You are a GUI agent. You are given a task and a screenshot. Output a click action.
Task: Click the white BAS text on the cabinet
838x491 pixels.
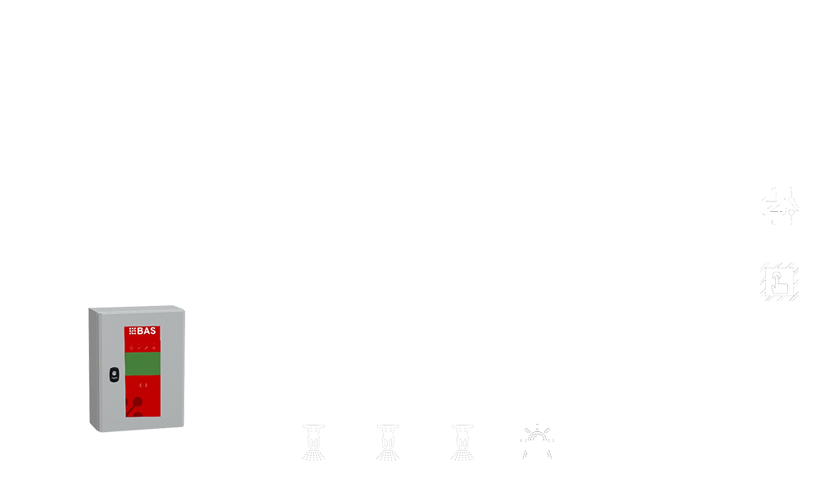(146, 331)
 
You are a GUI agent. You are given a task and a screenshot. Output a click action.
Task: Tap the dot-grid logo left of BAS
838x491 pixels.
(133, 331)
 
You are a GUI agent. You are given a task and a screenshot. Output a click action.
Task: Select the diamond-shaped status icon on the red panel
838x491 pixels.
(132, 348)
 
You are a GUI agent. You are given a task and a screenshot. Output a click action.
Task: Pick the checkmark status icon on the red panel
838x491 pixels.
(139, 348)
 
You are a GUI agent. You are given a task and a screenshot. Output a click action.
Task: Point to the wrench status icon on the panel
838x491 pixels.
(146, 348)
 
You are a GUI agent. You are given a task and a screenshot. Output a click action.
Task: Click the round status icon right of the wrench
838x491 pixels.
(153, 348)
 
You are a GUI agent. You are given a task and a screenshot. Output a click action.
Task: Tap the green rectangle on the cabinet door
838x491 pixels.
(142, 364)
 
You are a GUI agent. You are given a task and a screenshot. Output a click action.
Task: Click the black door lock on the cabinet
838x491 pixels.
(114, 375)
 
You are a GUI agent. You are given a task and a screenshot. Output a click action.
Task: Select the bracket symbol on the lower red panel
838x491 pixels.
(142, 385)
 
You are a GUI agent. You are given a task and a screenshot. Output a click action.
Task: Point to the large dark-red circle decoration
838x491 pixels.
(137, 402)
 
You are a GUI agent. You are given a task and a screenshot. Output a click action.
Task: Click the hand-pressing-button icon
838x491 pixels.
(779, 282)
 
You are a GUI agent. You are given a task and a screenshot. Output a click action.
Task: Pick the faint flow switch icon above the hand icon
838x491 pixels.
(780, 205)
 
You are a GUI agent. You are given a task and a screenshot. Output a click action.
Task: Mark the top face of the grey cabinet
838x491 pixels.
(137, 309)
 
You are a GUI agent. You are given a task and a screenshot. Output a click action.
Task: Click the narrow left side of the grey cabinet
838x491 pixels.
(94, 368)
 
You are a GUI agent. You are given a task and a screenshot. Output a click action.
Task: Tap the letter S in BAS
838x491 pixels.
(153, 331)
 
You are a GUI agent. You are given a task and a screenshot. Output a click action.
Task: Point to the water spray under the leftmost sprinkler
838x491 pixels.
(313, 455)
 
